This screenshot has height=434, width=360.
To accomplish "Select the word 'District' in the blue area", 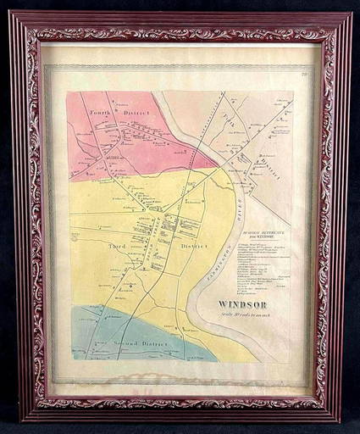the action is click(x=155, y=342).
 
